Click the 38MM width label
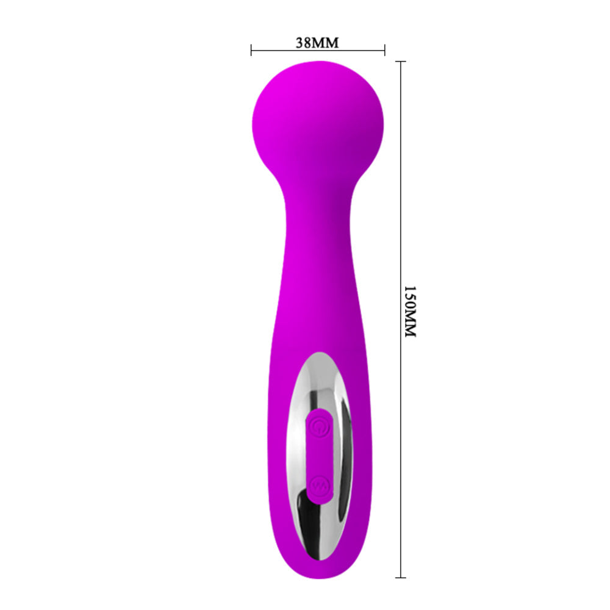(x=317, y=43)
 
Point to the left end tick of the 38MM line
(x=251, y=50)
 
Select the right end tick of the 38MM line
(x=384, y=50)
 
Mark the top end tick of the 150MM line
(x=401, y=62)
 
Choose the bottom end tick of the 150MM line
(x=401, y=577)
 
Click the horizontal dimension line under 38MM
(x=317, y=51)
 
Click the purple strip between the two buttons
(x=319, y=454)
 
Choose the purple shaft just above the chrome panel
(x=318, y=317)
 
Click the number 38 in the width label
(x=303, y=43)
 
